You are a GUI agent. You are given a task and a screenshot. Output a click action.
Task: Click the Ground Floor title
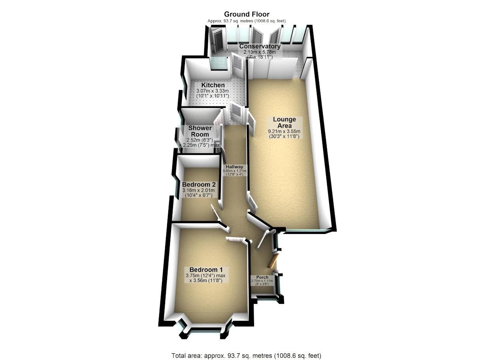(x=247, y=14)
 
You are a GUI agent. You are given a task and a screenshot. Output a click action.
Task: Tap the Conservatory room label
(x=260, y=46)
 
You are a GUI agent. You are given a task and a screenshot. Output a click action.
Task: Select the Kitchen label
(x=213, y=85)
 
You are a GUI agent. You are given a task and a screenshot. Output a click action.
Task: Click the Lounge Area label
(x=284, y=123)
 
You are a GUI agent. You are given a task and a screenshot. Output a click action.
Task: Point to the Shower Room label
(x=200, y=131)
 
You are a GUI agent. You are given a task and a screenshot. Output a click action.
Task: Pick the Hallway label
(x=234, y=167)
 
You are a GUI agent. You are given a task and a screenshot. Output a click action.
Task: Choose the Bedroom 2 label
(x=199, y=184)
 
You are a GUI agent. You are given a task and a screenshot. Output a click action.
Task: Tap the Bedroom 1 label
(x=206, y=270)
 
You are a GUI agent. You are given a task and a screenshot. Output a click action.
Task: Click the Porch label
(x=262, y=277)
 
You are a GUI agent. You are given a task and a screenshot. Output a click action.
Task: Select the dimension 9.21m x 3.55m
(x=284, y=132)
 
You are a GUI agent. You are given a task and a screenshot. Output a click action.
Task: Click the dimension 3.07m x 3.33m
(x=213, y=91)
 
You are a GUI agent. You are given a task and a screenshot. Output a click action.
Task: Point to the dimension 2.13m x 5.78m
(x=260, y=52)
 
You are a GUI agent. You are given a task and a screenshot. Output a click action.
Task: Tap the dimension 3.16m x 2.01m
(x=198, y=190)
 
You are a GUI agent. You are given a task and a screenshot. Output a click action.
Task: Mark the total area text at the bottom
(x=247, y=349)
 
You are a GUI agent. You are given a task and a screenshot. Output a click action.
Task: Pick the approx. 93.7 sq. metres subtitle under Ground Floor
(x=247, y=21)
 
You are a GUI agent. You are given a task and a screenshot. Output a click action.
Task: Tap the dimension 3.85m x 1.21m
(x=234, y=171)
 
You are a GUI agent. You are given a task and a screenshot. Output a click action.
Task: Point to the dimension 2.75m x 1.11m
(x=262, y=281)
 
